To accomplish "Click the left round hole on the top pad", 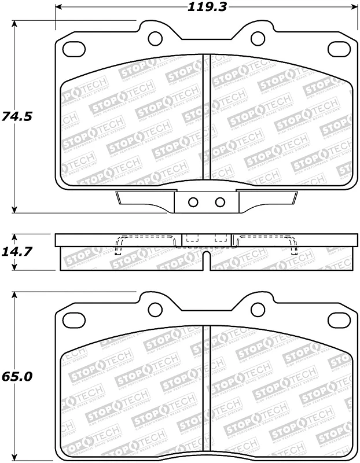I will point(155,39).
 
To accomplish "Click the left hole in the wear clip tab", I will point(194,202).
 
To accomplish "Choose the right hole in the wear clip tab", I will point(219,202).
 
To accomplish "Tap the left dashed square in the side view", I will point(192,238).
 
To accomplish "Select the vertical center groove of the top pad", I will point(206,116).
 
